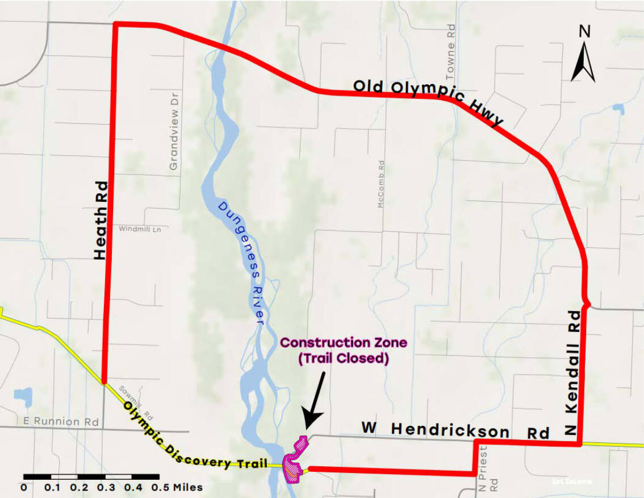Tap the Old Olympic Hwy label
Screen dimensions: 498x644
[429, 101]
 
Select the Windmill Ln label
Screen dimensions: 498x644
[137, 229]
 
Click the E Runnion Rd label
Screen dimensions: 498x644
[61, 421]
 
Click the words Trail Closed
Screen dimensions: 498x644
[343, 359]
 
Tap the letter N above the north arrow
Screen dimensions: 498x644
[584, 31]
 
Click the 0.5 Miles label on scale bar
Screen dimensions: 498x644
[177, 487]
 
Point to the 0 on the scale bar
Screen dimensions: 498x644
[24, 487]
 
